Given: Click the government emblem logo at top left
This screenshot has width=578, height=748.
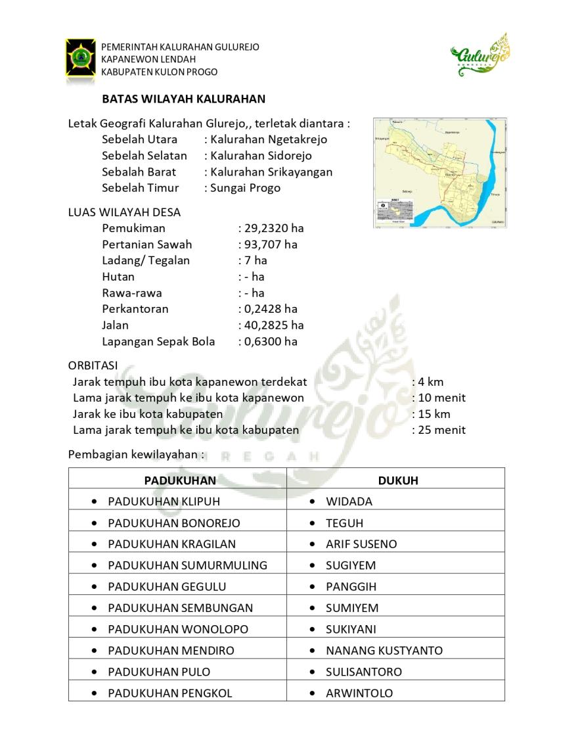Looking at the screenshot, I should pos(81,57).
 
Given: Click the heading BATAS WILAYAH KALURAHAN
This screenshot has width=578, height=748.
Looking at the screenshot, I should pos(183,99).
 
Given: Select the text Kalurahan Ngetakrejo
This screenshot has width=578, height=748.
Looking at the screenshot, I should pos(269,139).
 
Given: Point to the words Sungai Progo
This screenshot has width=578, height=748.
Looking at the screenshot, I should pos(245,188).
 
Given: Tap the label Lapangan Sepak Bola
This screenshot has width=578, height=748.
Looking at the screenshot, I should pos(158,341).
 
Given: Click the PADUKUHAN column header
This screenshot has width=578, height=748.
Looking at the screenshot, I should pos(180,480).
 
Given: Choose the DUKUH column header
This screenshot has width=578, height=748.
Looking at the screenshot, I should pos(398,480).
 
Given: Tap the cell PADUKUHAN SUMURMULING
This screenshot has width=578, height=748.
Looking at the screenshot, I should pos(187,565).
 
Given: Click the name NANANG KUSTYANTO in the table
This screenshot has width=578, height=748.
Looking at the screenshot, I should pos(384,651).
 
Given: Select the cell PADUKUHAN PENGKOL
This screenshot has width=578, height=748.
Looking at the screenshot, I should pos(170,693).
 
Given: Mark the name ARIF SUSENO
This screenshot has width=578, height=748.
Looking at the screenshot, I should pos(361,544).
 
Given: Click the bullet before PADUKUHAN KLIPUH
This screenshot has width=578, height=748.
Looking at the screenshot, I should pos(96,502).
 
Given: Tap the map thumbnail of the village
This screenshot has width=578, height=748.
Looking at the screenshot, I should pos(440,173).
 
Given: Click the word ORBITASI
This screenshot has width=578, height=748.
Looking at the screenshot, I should pos(93,365).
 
